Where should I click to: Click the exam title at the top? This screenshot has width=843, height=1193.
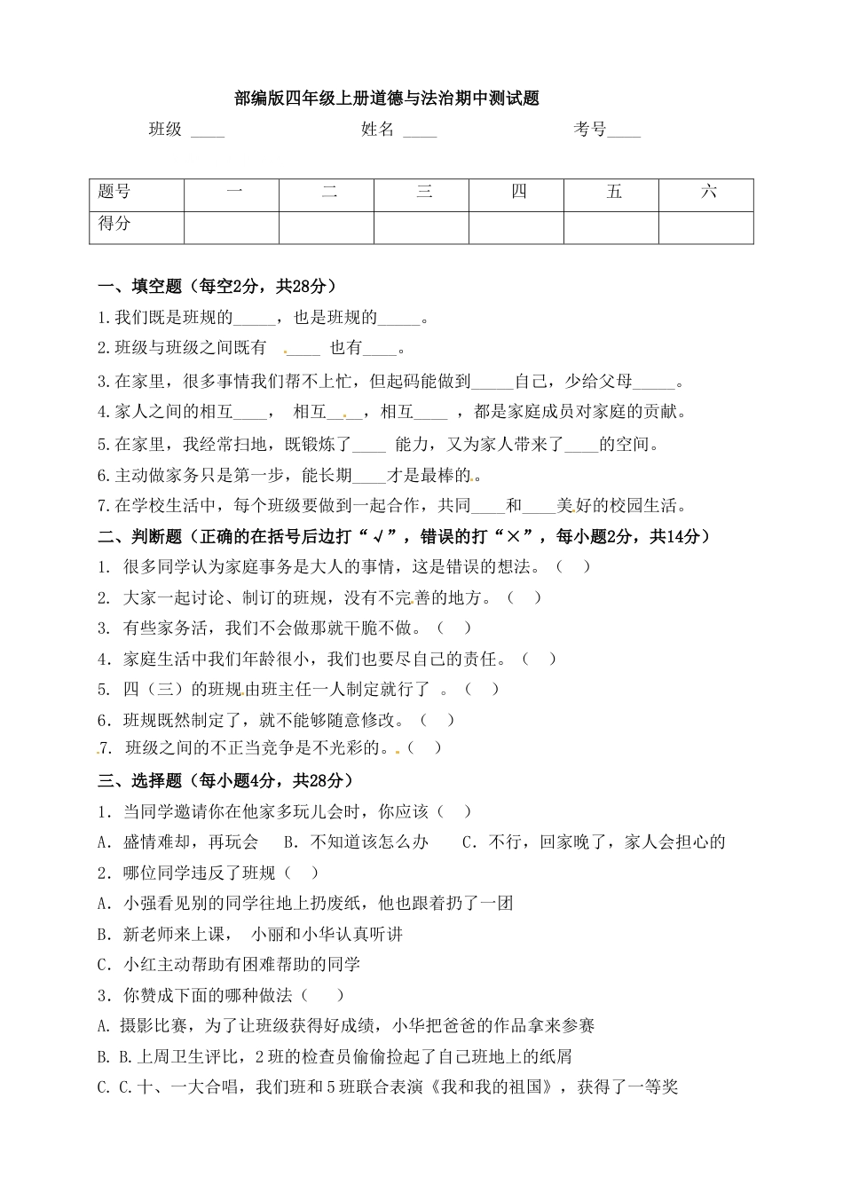[387, 99]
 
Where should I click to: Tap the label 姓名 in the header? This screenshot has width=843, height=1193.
[377, 130]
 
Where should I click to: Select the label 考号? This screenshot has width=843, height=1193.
[589, 130]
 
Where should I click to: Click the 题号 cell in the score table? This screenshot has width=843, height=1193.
[114, 192]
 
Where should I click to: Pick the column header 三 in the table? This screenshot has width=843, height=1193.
[424, 192]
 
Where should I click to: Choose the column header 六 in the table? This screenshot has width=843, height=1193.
[708, 192]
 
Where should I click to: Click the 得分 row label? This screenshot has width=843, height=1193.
[114, 224]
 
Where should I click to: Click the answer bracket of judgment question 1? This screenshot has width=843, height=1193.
[572, 566]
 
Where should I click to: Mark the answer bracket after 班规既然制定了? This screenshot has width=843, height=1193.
[437, 720]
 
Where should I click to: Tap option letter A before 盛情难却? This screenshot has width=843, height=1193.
[103, 841]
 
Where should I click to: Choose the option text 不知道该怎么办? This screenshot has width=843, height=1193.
[368, 841]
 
